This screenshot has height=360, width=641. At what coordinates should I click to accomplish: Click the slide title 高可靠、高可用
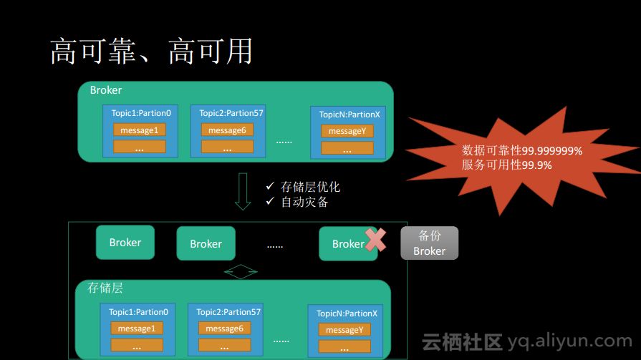click(151, 51)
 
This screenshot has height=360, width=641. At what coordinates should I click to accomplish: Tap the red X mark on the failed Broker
click(375, 240)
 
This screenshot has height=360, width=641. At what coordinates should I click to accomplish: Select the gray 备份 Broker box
click(429, 243)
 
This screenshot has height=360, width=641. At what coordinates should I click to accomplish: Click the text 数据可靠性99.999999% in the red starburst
click(522, 151)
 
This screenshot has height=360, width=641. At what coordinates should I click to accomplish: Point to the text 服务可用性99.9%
click(507, 165)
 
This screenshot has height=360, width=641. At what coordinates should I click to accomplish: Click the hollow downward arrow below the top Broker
click(243, 191)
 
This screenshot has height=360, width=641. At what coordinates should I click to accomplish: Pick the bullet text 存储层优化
click(310, 187)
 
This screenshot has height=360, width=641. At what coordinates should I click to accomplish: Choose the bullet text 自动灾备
click(304, 202)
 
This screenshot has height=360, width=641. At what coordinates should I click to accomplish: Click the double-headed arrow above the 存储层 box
click(241, 272)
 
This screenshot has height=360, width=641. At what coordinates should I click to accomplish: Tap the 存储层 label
click(105, 288)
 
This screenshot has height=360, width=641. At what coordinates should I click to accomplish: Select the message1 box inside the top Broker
click(139, 130)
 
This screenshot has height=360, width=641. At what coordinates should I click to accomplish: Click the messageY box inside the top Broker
click(347, 131)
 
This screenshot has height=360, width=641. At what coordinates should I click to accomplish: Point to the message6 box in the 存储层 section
click(224, 329)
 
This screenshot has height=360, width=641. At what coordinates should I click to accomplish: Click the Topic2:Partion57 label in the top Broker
click(231, 113)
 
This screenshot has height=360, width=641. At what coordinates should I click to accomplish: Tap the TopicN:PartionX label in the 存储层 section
click(347, 313)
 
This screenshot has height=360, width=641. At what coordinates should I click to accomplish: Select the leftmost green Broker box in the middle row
click(125, 243)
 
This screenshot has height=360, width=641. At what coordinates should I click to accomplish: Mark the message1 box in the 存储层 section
click(136, 329)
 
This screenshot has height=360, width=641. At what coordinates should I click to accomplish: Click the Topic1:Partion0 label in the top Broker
click(141, 113)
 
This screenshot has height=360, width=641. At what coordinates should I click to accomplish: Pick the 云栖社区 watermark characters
click(462, 342)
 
